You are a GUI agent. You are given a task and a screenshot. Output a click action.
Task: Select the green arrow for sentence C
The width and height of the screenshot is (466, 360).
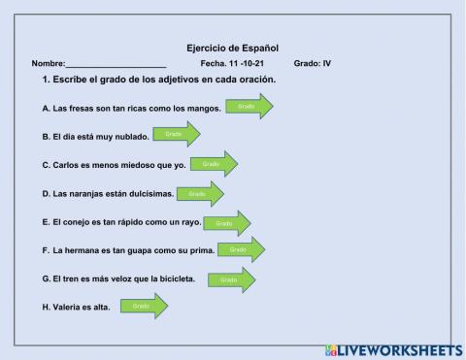click(x=214, y=164)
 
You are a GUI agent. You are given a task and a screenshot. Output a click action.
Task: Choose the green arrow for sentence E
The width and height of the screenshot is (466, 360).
click(x=227, y=222)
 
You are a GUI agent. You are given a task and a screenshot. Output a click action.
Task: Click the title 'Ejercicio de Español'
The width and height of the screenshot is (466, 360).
click(x=232, y=47)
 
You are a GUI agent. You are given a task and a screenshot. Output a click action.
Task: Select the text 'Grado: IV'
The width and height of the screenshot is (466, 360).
click(x=312, y=64)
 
